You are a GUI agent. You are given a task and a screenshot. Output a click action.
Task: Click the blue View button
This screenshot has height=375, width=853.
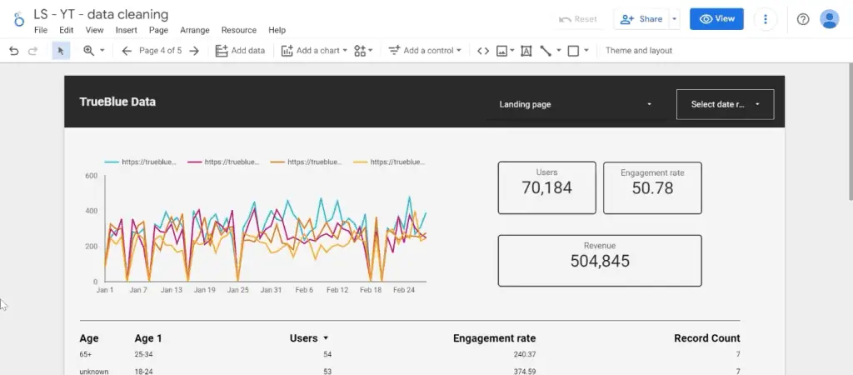(x=716, y=19)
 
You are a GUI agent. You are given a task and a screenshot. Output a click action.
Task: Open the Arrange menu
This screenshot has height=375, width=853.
(x=195, y=30)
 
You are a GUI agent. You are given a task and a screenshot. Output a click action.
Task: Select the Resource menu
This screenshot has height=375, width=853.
(x=238, y=30)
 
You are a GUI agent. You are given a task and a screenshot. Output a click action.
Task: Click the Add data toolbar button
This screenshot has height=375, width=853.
(x=240, y=51)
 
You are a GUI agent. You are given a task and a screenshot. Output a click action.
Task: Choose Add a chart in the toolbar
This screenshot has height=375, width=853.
(x=311, y=51)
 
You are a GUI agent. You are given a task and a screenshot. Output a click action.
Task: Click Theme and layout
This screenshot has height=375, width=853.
(x=638, y=51)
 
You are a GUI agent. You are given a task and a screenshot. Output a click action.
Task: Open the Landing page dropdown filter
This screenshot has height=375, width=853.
(x=575, y=105)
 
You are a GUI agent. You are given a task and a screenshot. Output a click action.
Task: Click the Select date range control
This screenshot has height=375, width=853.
(x=725, y=104)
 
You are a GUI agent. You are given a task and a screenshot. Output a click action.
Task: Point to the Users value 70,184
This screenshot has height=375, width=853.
(x=546, y=188)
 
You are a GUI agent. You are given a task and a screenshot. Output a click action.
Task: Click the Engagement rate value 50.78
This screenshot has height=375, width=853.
(x=652, y=188)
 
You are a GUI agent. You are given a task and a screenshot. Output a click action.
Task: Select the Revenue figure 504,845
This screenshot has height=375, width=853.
(x=600, y=261)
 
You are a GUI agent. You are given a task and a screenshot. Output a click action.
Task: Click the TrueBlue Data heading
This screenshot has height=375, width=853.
(x=117, y=102)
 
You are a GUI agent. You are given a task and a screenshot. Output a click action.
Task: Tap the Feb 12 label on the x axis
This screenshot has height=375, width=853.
(x=337, y=290)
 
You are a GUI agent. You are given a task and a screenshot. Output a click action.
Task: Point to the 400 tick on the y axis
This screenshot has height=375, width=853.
(x=91, y=212)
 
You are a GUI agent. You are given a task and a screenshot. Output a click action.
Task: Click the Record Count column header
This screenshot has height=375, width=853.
(x=706, y=338)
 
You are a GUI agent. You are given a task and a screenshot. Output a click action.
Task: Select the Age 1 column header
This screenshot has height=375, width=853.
(x=148, y=338)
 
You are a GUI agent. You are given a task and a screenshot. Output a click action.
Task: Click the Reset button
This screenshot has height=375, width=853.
(x=578, y=19)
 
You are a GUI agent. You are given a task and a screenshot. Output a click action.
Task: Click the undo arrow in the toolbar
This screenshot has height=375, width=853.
(x=13, y=51)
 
